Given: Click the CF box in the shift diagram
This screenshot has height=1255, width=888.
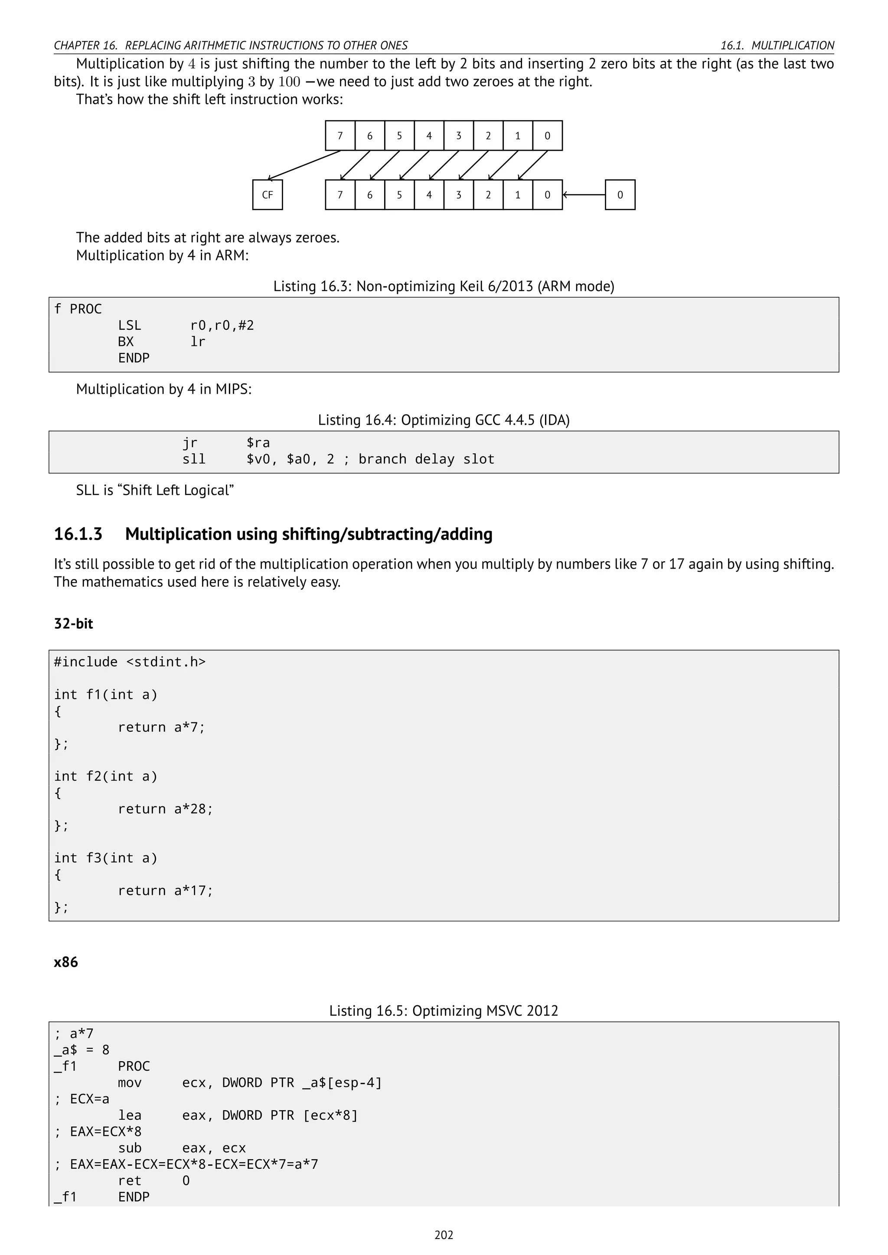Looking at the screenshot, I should tap(268, 195).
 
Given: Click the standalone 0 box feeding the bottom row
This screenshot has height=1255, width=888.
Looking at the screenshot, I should tap(620, 195).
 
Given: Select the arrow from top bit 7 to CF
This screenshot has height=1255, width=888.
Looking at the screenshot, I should tap(304, 165).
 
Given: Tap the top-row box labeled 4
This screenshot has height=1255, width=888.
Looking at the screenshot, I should tap(429, 136).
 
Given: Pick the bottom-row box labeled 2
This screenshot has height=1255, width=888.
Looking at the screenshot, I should tap(488, 195).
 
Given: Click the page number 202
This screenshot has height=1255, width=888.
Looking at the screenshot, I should tap(444, 1235).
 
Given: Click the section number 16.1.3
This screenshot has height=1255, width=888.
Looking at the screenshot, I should tap(78, 534).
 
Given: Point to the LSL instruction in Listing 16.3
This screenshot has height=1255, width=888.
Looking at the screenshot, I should tap(130, 326).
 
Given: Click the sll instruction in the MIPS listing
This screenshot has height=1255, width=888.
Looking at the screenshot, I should tap(194, 459).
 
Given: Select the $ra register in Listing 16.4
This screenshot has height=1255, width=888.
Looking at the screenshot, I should tap(258, 443).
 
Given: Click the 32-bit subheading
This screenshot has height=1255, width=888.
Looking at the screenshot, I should tap(73, 624).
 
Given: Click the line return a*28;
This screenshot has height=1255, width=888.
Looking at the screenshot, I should tap(165, 809).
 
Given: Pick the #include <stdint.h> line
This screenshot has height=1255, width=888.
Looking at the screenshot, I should tap(130, 662).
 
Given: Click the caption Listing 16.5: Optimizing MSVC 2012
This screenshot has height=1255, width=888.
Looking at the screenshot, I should tap(444, 1011).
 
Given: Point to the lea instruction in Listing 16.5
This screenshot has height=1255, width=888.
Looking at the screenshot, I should tap(130, 1115).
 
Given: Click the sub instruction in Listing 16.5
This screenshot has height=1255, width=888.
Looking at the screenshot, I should tap(130, 1148).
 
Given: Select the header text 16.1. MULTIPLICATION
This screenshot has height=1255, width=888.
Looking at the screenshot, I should tap(777, 46).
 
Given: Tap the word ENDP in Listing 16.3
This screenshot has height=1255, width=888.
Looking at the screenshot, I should tap(134, 358).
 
